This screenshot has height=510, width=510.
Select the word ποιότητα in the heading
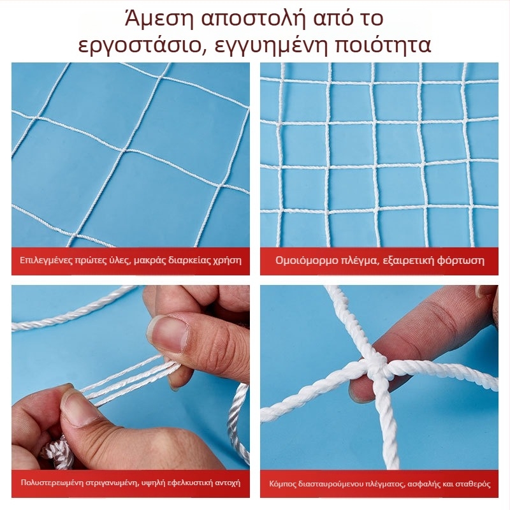tap(382, 45)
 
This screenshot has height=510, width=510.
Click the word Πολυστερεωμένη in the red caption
tap(52, 483)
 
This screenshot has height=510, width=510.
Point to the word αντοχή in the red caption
tap(228, 483)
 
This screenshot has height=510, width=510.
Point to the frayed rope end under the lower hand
tap(56, 453)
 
